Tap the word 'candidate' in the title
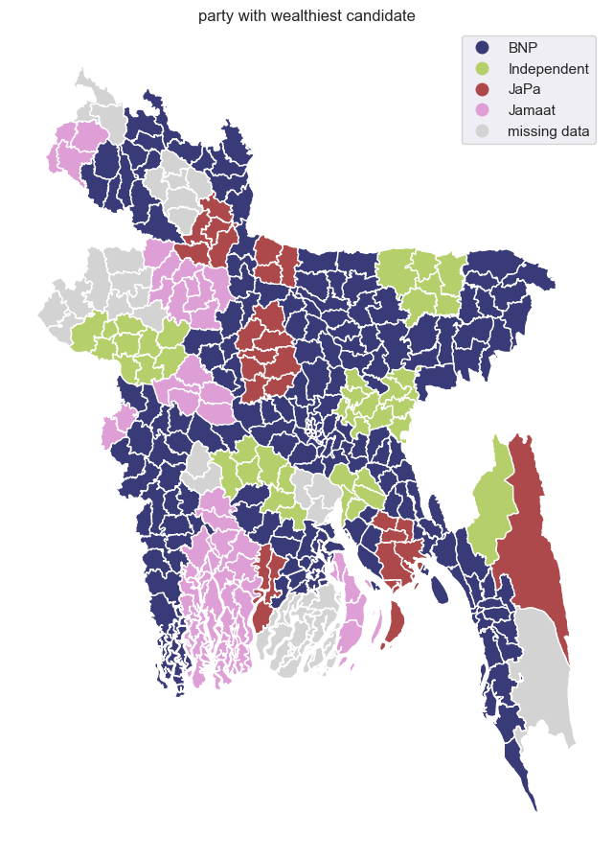tap(377, 15)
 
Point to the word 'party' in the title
tap(216, 15)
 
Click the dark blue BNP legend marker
tap(482, 48)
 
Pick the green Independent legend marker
tap(482, 69)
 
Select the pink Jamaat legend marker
tap(482, 110)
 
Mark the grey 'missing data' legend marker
tap(482, 131)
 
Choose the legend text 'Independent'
tap(548, 69)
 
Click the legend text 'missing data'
tap(548, 131)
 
